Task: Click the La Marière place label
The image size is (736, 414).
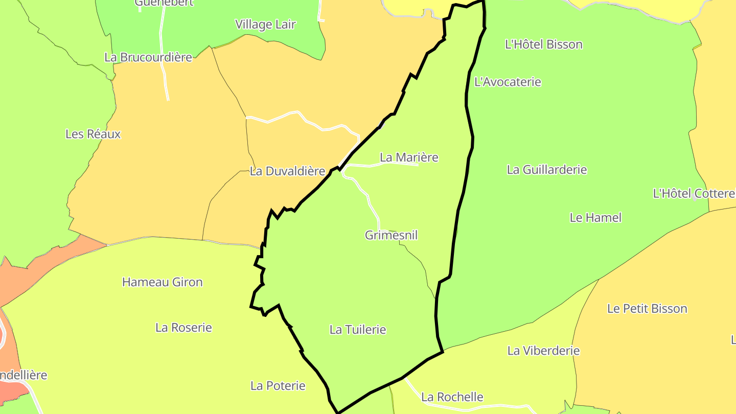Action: (x=409, y=157)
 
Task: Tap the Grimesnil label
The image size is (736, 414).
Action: (x=391, y=235)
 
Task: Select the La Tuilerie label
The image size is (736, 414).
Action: (x=358, y=330)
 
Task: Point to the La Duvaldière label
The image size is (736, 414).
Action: (x=287, y=171)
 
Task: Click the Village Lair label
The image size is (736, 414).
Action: (x=265, y=25)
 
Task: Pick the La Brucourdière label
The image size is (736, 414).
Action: (x=148, y=57)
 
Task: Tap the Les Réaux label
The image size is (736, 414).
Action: (x=93, y=134)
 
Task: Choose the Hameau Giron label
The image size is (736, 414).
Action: (x=162, y=282)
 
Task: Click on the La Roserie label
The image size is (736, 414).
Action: (x=183, y=328)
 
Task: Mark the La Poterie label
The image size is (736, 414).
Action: (x=278, y=386)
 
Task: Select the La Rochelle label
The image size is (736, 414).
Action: (x=452, y=397)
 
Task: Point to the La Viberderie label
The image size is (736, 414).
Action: (x=543, y=351)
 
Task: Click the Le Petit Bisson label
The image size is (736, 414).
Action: (x=647, y=309)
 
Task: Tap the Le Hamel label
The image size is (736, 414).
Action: (x=595, y=218)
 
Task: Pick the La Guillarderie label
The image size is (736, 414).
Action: (x=546, y=170)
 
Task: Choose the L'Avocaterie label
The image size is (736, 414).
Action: (x=508, y=82)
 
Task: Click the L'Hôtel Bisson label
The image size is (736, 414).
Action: (x=543, y=44)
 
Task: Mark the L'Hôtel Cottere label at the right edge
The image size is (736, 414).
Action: (x=694, y=194)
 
